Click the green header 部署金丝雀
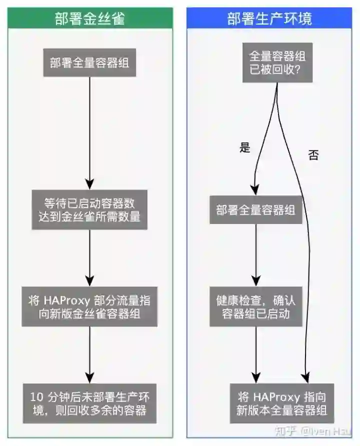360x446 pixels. tap(90, 19)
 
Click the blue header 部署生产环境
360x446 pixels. tap(269, 19)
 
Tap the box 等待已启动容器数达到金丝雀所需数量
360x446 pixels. tap(90, 210)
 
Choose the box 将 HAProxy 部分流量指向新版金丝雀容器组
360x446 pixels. tap(90, 306)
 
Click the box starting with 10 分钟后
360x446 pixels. tap(90, 404)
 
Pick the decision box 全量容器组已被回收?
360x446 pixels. tap(277, 62)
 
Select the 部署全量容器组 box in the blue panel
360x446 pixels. tap(256, 210)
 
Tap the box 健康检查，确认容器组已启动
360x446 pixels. tap(256, 306)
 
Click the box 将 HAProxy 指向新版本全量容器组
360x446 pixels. tap(281, 404)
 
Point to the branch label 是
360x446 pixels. tap(244, 147)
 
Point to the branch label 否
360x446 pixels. tap(313, 155)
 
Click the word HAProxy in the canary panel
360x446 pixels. tap(64, 300)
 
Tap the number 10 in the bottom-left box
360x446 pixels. tap(36, 397)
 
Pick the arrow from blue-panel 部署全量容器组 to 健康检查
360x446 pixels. tap(256, 255)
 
